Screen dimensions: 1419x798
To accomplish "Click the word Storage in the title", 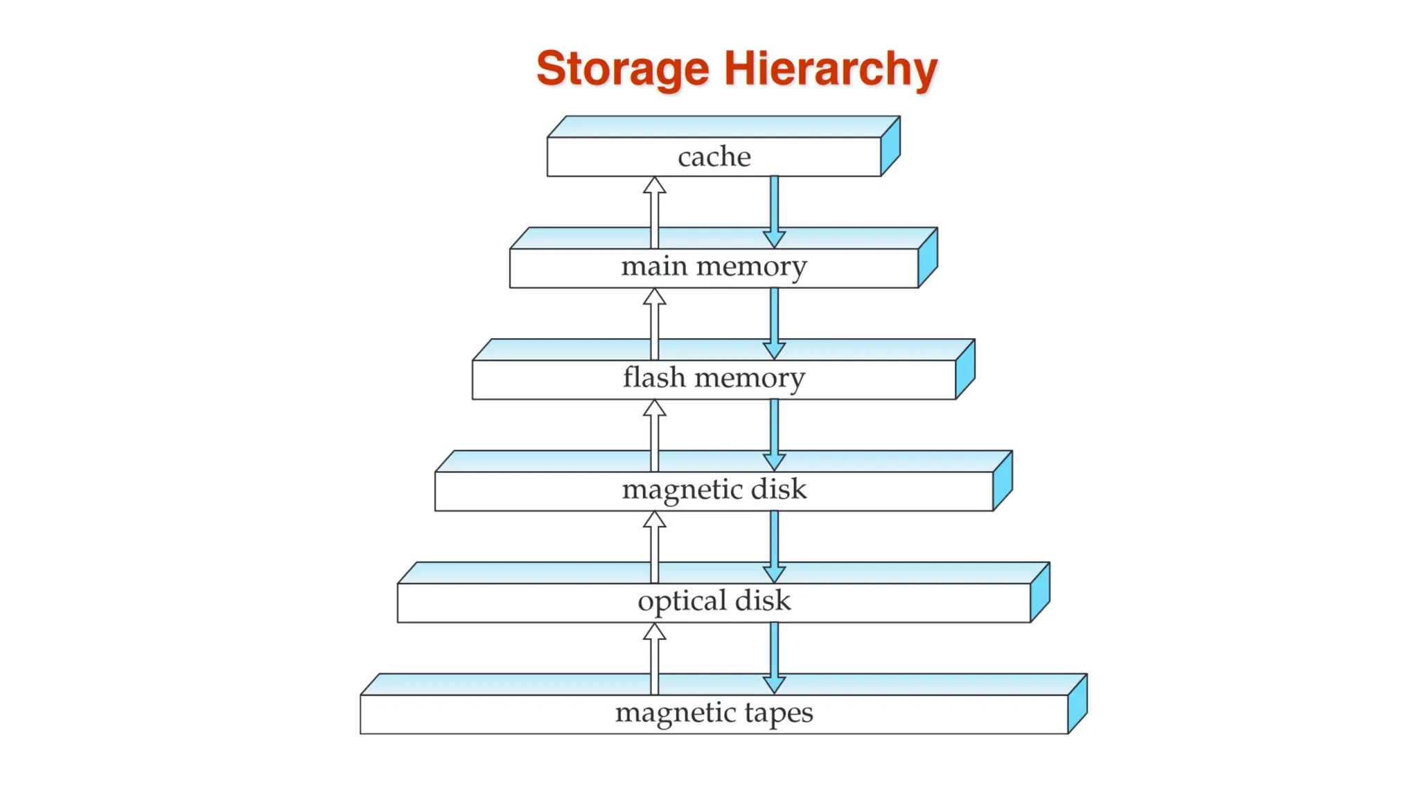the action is (x=622, y=70).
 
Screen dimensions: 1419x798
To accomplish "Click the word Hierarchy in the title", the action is (x=830, y=70).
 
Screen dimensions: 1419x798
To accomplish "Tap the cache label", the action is (x=714, y=157).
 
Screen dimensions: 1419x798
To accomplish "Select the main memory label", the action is (x=714, y=266).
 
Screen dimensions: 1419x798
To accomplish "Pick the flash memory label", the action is (x=714, y=378).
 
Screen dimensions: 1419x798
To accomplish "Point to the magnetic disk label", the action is (x=714, y=490).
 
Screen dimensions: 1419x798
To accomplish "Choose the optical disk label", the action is (x=714, y=601).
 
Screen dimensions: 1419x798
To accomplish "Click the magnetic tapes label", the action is (x=714, y=712).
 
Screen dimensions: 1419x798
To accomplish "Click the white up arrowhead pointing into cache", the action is (x=654, y=186).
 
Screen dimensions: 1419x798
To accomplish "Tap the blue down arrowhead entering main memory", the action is (x=774, y=240).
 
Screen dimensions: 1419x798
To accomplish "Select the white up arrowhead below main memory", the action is (x=654, y=297).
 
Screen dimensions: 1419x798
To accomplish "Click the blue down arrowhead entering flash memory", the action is (x=774, y=351).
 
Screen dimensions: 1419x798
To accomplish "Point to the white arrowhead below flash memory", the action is (x=654, y=409).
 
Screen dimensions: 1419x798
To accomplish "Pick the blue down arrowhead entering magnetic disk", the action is (x=774, y=462).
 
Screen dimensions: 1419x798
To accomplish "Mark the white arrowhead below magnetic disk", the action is (x=654, y=520).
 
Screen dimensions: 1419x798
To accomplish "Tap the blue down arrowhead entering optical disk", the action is (x=774, y=574).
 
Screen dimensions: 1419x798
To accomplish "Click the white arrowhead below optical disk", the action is (x=654, y=632).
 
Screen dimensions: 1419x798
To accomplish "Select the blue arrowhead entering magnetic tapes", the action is (x=774, y=685).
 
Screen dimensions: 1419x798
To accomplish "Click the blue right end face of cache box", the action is (x=890, y=146).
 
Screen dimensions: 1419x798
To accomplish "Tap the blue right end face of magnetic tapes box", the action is (x=1077, y=704).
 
